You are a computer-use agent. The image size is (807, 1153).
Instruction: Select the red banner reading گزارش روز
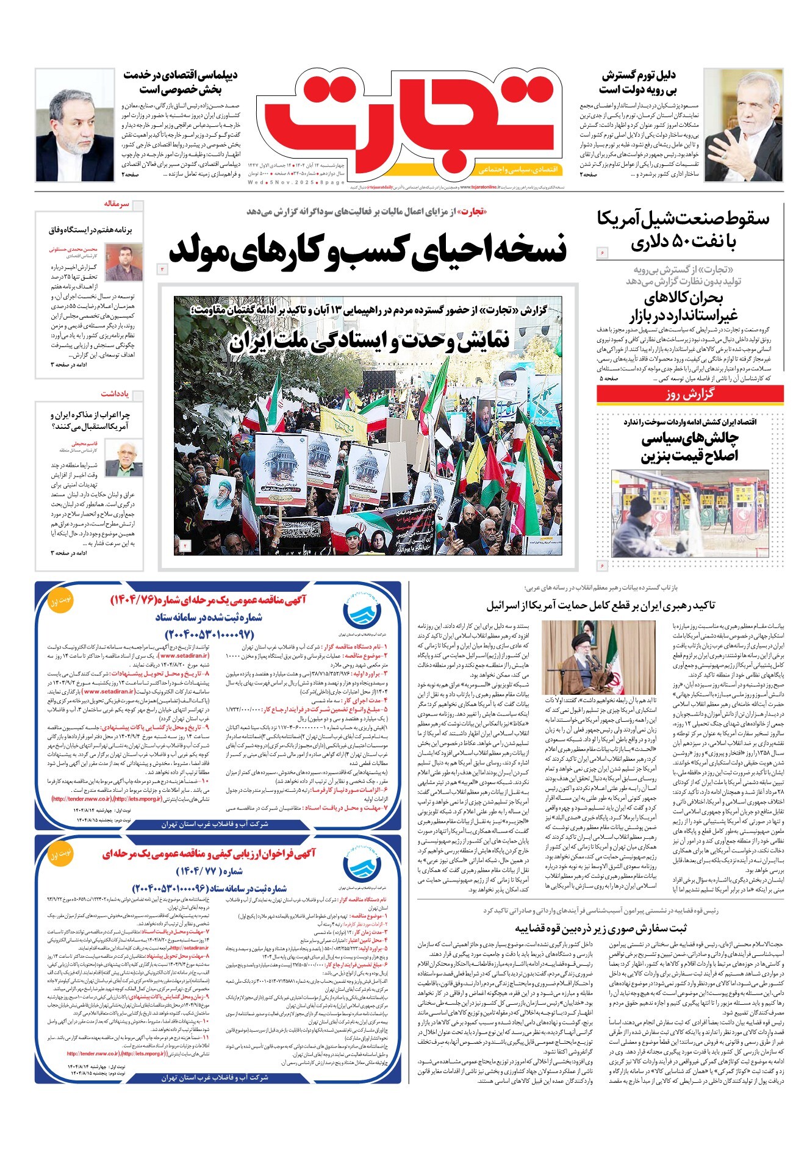[x=689, y=394]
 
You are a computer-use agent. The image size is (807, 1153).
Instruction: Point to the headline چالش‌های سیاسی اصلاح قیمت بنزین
[x=689, y=447]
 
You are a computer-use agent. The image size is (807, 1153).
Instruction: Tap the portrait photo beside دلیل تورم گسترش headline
[x=742, y=124]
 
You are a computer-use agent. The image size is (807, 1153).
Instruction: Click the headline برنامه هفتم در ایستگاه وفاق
[x=90, y=230]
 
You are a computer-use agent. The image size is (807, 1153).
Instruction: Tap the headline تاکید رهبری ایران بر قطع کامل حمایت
[x=600, y=605]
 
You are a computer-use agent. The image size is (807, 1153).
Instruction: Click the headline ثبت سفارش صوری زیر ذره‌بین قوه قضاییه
[x=600, y=929]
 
